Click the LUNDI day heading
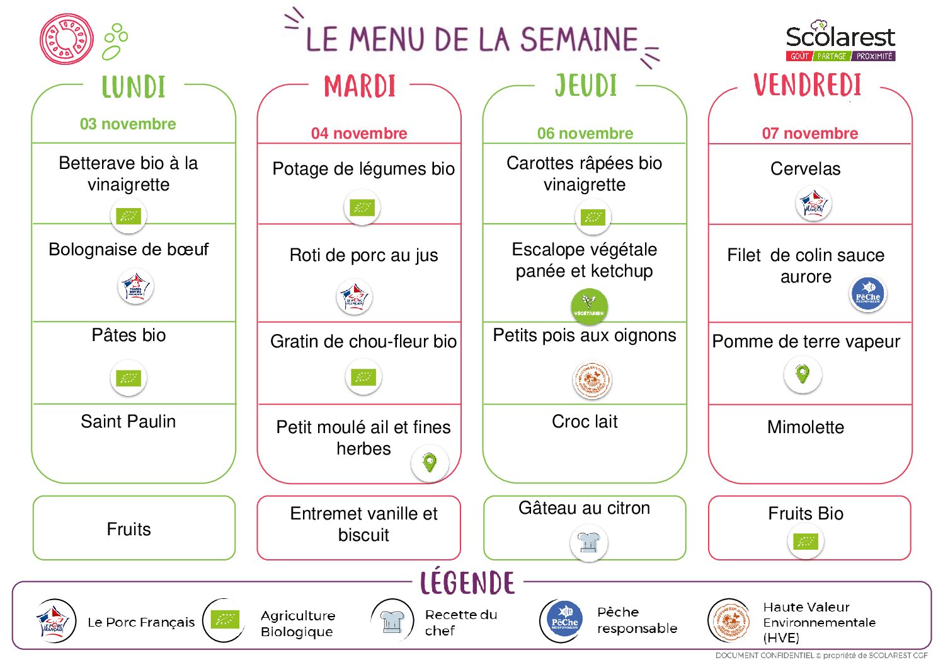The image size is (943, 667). click(x=134, y=87)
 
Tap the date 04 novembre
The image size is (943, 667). click(x=359, y=133)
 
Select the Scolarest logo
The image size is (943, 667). click(x=840, y=41)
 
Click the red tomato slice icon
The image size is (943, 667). click(x=66, y=39)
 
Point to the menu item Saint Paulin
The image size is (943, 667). click(x=129, y=421)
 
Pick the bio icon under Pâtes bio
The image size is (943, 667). click(x=129, y=378)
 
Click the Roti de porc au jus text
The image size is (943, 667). click(x=363, y=255)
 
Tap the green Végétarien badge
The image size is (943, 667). click(x=589, y=304)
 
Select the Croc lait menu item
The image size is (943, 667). click(x=585, y=421)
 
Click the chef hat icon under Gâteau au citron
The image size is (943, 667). click(x=588, y=542)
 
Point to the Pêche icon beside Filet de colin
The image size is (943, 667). click(x=868, y=294)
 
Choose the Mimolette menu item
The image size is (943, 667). click(x=806, y=427)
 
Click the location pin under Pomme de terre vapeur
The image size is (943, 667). click(x=803, y=374)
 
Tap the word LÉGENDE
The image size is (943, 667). click(x=467, y=583)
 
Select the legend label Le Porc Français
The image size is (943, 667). click(x=141, y=622)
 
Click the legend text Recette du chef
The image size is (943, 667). click(x=460, y=622)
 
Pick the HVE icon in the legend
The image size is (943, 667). click(x=729, y=621)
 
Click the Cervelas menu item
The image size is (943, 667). click(x=806, y=169)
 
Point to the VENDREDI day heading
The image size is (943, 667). click(x=808, y=85)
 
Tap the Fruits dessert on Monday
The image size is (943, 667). click(x=129, y=529)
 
